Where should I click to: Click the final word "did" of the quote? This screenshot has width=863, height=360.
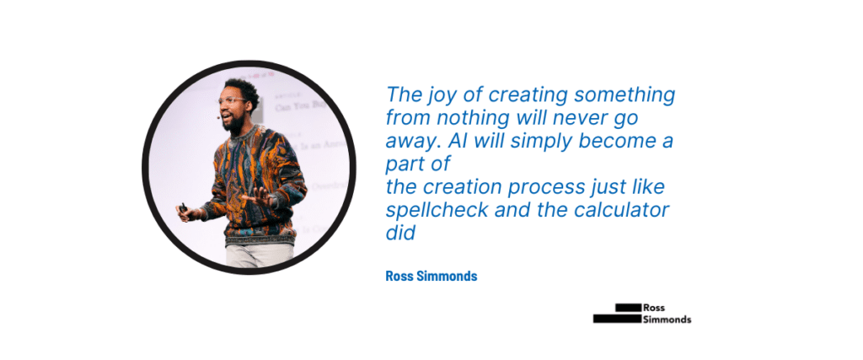tap(400, 233)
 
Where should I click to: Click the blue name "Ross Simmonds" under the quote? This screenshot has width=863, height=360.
tap(431, 276)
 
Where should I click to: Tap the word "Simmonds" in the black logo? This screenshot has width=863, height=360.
tap(667, 320)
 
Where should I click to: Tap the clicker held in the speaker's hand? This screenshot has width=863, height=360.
tap(182, 207)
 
